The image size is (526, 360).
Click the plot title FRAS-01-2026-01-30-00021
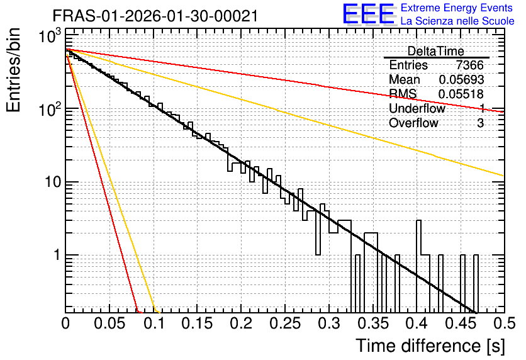155,16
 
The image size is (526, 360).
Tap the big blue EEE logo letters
368,14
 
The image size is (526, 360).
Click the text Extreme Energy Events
457,8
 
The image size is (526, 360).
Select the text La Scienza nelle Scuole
457,21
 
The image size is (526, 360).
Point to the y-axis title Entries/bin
13,70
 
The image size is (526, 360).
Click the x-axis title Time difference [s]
430,346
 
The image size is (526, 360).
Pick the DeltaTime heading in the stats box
435,51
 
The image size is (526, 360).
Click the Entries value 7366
469,65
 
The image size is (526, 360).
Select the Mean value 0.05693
461,79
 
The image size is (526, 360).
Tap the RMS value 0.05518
461,94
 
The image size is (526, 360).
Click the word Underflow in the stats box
417,108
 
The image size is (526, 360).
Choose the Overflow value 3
480,123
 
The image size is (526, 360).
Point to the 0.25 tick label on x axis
285,323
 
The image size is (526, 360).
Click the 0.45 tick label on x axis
461,323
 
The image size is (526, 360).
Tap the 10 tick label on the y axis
53,182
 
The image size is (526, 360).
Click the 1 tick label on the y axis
57,255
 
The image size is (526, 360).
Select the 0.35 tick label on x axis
372,323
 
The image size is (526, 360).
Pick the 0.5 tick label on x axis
504,323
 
